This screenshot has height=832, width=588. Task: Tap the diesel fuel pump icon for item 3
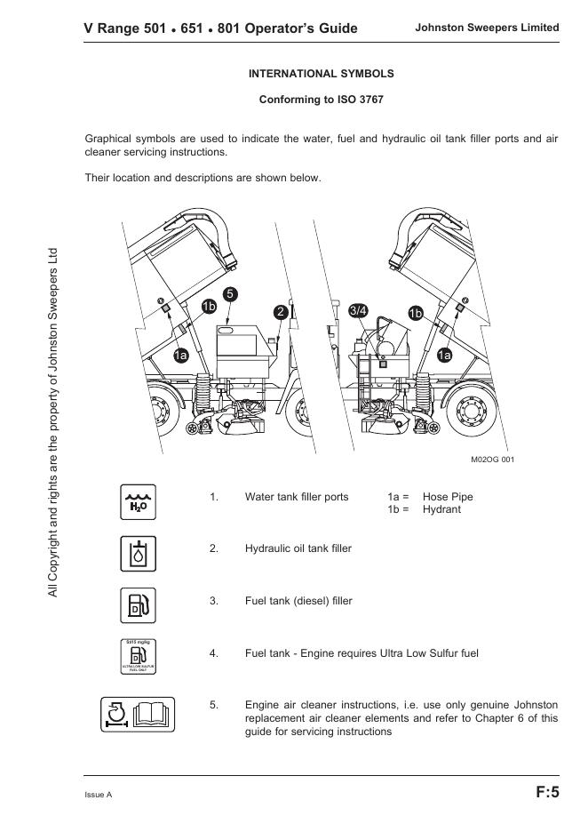click(x=138, y=606)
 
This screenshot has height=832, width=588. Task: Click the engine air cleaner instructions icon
click(x=138, y=713)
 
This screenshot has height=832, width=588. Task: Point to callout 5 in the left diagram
click(x=229, y=294)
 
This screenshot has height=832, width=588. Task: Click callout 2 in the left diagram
click(x=281, y=312)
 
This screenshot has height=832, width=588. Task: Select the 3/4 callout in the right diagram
click(x=359, y=310)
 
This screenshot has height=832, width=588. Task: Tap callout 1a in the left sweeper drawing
click(x=180, y=356)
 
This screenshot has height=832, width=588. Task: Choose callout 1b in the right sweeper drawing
click(x=416, y=312)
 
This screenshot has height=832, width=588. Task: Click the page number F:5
click(x=547, y=792)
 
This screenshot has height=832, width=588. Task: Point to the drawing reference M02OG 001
click(x=492, y=459)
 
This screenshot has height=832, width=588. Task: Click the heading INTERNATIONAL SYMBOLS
click(x=321, y=74)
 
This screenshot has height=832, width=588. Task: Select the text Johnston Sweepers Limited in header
click(x=487, y=28)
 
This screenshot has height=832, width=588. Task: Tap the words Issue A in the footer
click(x=99, y=794)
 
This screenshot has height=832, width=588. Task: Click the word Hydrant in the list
click(x=441, y=509)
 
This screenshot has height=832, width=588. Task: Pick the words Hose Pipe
click(x=448, y=497)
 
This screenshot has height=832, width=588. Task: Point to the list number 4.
click(x=214, y=653)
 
